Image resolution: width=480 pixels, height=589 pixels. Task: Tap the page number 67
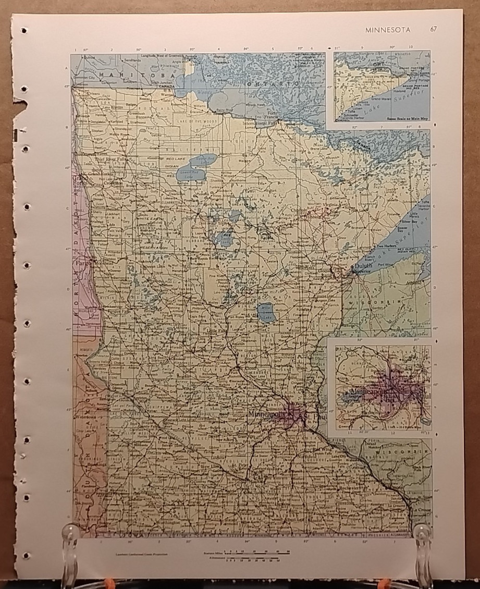pos(434,30)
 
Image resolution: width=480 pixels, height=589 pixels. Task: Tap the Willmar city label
pos(182,403)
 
